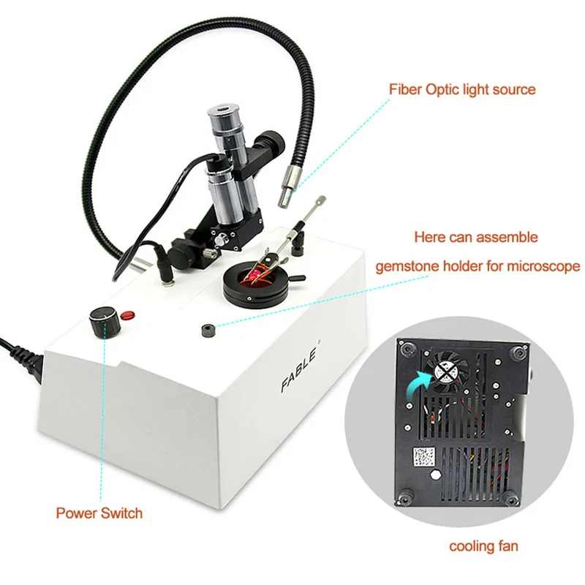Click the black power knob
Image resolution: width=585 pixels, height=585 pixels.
click(101, 320)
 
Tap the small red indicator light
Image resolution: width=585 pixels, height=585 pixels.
click(128, 315)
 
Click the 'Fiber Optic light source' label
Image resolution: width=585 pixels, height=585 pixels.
click(461, 90)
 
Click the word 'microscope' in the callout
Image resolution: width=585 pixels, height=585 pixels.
click(538, 266)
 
